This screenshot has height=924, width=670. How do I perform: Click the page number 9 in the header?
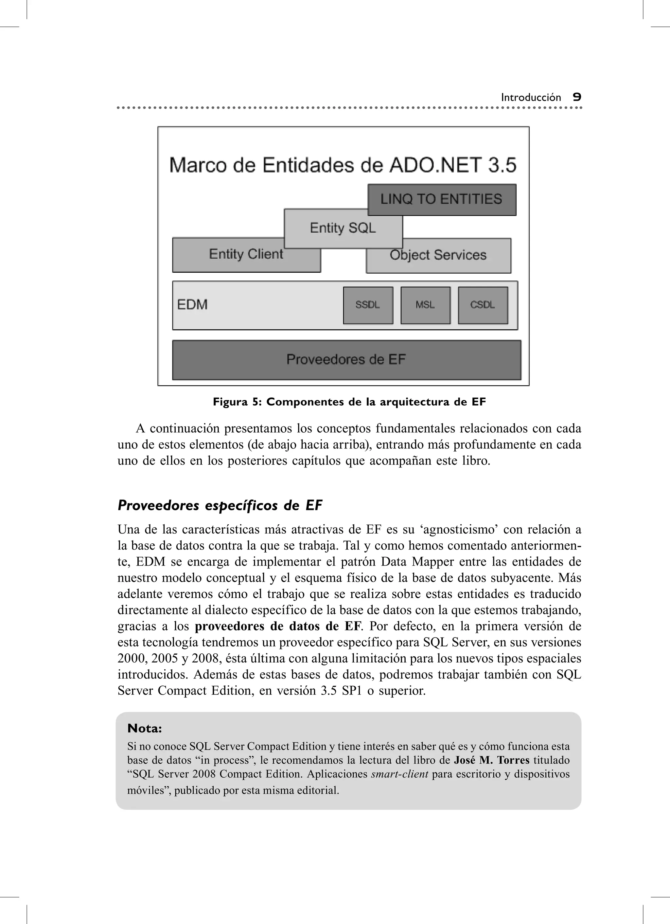[577, 97]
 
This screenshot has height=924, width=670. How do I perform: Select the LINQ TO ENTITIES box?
[442, 199]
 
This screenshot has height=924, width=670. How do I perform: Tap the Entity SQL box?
[343, 228]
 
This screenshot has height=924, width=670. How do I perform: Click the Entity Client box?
[246, 255]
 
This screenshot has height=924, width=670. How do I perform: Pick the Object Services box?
[438, 255]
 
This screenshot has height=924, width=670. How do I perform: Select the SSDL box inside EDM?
[368, 305]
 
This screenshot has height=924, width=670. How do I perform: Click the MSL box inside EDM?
[425, 305]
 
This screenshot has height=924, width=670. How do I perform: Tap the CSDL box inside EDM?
[483, 305]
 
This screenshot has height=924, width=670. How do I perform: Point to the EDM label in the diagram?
[192, 305]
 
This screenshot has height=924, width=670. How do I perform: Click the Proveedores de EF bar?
[346, 360]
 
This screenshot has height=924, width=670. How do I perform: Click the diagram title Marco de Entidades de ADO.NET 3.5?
[343, 165]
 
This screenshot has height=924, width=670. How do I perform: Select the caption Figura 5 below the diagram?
[349, 402]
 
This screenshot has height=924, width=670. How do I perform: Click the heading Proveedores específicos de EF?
[220, 506]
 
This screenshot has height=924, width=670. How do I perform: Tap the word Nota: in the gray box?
[145, 728]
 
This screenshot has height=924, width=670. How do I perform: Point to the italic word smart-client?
[399, 774]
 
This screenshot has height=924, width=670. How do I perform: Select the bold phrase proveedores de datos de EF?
[278, 626]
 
